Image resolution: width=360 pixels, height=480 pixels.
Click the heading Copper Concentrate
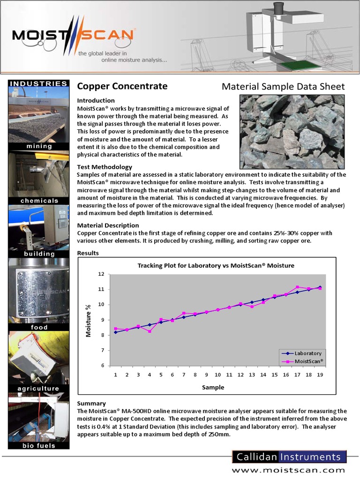122,86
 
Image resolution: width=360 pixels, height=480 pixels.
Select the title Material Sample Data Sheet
283,87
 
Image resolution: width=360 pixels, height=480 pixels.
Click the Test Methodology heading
104,167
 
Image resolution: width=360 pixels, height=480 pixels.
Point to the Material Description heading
107,225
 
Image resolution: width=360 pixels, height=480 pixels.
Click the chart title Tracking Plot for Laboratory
216,265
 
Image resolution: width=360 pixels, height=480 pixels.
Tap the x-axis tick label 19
320,375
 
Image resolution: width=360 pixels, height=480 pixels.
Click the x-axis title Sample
213,388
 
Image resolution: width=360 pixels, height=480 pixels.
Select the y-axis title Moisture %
88,320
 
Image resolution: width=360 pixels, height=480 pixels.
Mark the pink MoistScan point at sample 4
150,331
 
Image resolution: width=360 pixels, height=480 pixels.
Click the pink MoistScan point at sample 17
297,287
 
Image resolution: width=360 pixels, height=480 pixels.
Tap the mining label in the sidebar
39,146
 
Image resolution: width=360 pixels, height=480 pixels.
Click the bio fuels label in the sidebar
39,445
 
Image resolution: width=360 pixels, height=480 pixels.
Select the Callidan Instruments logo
289,457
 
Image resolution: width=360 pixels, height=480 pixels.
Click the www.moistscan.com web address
289,470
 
